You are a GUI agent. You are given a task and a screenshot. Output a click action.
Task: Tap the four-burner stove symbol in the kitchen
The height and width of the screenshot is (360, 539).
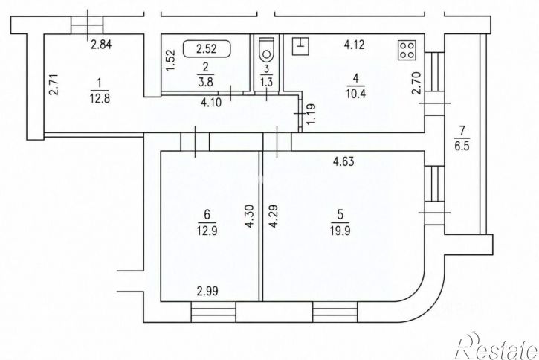point(407,50)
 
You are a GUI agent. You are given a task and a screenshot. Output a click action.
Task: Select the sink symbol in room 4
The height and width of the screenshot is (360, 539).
point(300,46)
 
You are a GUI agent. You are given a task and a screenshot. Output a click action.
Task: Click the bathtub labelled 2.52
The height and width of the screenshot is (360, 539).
point(207,49)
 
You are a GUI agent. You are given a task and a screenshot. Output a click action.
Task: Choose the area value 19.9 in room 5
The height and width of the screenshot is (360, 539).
point(340,231)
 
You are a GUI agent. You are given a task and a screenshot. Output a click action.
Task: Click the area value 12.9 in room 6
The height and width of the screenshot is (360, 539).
point(207,231)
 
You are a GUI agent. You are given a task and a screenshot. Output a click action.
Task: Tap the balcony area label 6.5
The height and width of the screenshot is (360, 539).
point(462,146)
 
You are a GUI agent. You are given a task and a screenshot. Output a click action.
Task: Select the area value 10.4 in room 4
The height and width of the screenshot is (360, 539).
point(356,94)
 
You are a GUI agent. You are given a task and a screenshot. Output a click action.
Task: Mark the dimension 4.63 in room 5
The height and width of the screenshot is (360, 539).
point(343,161)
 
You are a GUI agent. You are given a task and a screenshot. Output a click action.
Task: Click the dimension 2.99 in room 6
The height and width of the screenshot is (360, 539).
point(207,292)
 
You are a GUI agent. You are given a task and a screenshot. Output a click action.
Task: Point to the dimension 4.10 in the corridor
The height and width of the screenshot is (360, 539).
point(210,103)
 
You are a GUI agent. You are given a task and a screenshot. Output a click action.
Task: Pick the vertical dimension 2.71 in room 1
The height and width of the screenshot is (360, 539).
point(54,85)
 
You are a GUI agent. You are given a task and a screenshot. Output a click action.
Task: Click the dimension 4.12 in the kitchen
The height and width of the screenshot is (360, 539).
point(354,45)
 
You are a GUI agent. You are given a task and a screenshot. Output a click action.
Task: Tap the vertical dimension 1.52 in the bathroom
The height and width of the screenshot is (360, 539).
point(171,60)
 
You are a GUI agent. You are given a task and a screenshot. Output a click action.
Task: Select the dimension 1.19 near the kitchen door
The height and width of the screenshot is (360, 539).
point(311,115)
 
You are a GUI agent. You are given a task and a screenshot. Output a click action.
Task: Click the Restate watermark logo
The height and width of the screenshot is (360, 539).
point(497,346)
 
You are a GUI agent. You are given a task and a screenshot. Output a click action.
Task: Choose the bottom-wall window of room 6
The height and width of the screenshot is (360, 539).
point(213,312)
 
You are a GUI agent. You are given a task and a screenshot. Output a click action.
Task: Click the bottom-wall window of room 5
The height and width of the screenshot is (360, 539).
point(335,312)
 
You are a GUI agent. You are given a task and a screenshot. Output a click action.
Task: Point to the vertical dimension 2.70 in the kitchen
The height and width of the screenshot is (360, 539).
point(416,83)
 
